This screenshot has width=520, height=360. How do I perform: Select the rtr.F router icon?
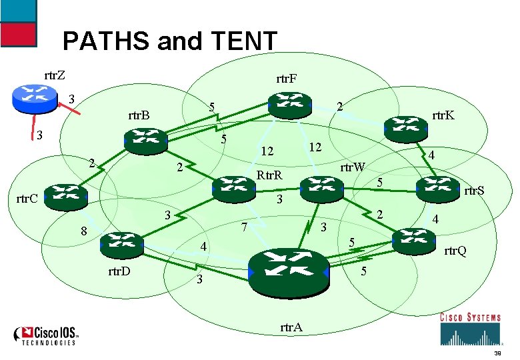[x=289, y=105]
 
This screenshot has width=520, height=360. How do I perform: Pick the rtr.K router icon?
[x=406, y=128]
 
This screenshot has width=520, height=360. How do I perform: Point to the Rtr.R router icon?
[x=234, y=189]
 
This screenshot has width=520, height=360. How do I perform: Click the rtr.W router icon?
[x=320, y=189]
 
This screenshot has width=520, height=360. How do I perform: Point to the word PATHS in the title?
[x=107, y=42]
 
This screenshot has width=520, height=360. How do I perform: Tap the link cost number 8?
[x=83, y=232]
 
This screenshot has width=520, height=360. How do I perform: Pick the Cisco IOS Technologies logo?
[x=48, y=335]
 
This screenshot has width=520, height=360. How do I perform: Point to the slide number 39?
[x=497, y=353]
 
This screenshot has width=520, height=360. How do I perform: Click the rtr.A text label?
[x=291, y=327]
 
